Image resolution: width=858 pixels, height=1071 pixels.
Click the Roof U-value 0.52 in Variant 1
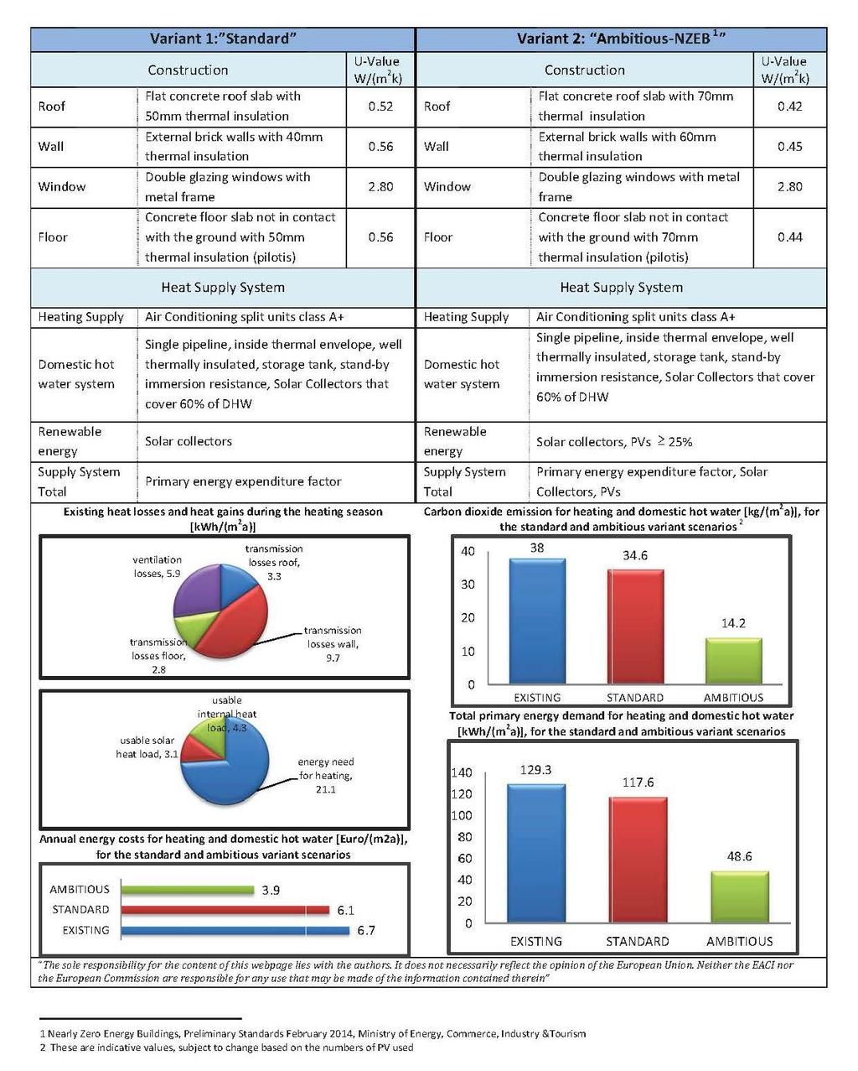pos(380,107)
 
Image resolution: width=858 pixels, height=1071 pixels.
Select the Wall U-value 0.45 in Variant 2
pos(790,147)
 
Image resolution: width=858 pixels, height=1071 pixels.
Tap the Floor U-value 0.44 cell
pos(790,237)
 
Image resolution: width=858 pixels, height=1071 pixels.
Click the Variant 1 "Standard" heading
pos(224,39)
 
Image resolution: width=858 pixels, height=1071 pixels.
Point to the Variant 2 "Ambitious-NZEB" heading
pos(621,39)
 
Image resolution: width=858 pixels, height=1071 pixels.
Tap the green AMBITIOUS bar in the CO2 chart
pos(734,662)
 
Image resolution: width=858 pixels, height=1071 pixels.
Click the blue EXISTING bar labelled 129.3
pos(536,853)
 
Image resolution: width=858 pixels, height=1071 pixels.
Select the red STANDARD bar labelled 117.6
pos(638,860)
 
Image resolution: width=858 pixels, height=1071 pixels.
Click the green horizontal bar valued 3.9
pos(188,891)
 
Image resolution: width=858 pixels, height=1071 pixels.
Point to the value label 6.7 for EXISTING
pos(366,931)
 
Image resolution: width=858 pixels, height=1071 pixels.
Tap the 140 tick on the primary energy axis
pos(462,773)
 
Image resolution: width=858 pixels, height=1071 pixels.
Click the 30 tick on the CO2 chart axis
pos(468,585)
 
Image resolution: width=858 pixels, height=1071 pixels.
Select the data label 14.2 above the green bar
pos(734,623)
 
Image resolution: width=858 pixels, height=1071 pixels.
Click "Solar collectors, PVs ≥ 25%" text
pos(614,442)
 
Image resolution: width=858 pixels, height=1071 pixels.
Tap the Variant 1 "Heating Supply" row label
pos(81,318)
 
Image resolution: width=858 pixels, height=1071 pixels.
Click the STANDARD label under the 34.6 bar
pos(635,698)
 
